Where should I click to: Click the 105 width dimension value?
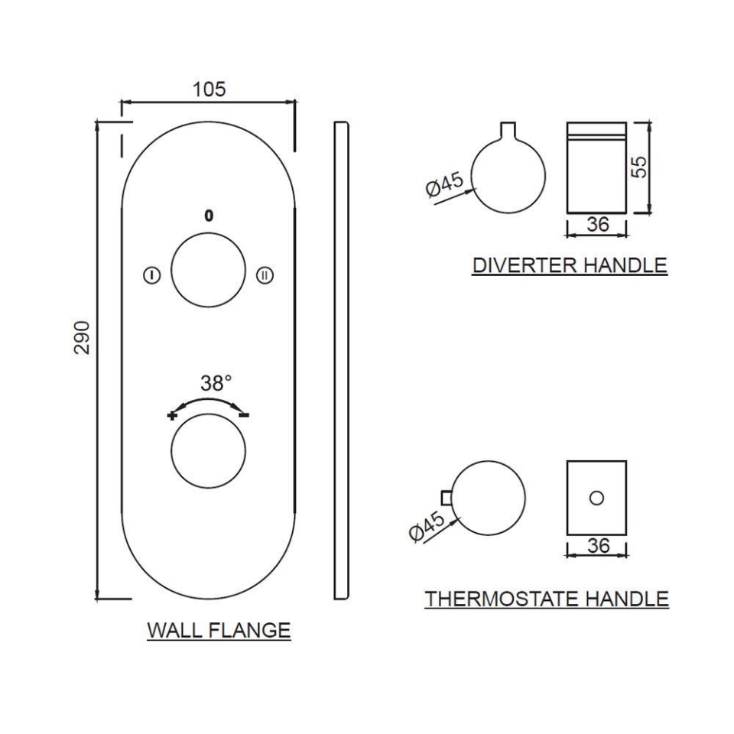[x=209, y=89]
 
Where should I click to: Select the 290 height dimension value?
[x=83, y=337]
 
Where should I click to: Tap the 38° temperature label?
[x=216, y=382]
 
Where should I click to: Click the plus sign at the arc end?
[x=171, y=415]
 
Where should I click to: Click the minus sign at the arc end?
[x=244, y=414]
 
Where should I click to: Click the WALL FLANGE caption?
[x=219, y=631]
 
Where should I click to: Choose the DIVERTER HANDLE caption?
[x=570, y=266]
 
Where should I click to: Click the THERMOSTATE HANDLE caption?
[x=547, y=598]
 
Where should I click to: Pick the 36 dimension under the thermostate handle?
[x=596, y=546]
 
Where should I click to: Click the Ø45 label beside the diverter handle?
[x=443, y=186]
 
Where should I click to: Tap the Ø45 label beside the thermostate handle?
[x=427, y=528]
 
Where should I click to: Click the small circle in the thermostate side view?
[x=597, y=497]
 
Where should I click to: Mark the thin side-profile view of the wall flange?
[x=342, y=359]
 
